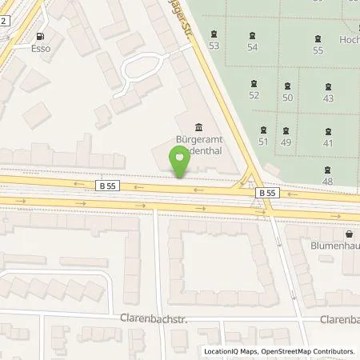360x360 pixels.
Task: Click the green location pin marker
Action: coord(181,163)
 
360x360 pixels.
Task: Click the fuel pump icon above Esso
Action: coord(41,36)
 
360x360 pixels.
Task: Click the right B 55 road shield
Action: coord(266,193)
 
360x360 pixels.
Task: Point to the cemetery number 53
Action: coord(214,46)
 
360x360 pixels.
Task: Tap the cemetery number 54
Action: coord(253,47)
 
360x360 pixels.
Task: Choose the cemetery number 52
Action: coord(254,95)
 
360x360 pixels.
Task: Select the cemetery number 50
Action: coord(288,97)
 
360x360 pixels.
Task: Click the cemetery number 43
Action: coord(328,98)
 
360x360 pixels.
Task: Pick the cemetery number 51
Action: coord(263,142)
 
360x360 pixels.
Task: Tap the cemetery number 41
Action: coord(328,142)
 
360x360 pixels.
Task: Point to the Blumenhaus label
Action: coord(334,246)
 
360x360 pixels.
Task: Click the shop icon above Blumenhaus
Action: coord(350,234)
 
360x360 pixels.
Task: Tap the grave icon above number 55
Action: coord(318,38)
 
